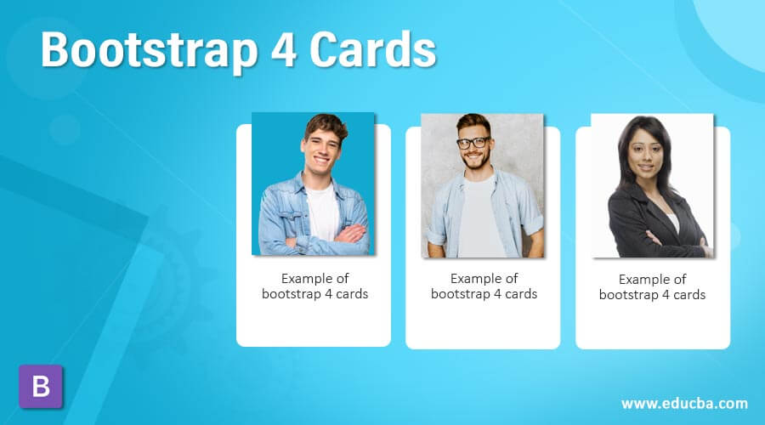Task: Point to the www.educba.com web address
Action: pos(684,403)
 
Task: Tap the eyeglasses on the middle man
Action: pos(473,143)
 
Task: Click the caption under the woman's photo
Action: pos(652,286)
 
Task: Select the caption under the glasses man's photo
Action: pos(484,286)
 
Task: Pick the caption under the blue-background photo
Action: pos(314,286)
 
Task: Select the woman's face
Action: pos(650,150)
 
